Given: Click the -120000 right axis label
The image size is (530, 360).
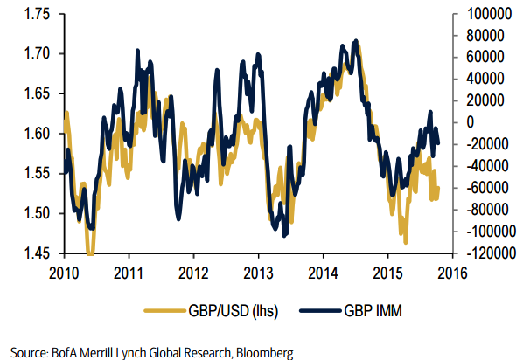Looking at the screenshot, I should point(481,253).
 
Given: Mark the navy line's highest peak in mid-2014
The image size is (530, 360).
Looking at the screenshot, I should point(355,40).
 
